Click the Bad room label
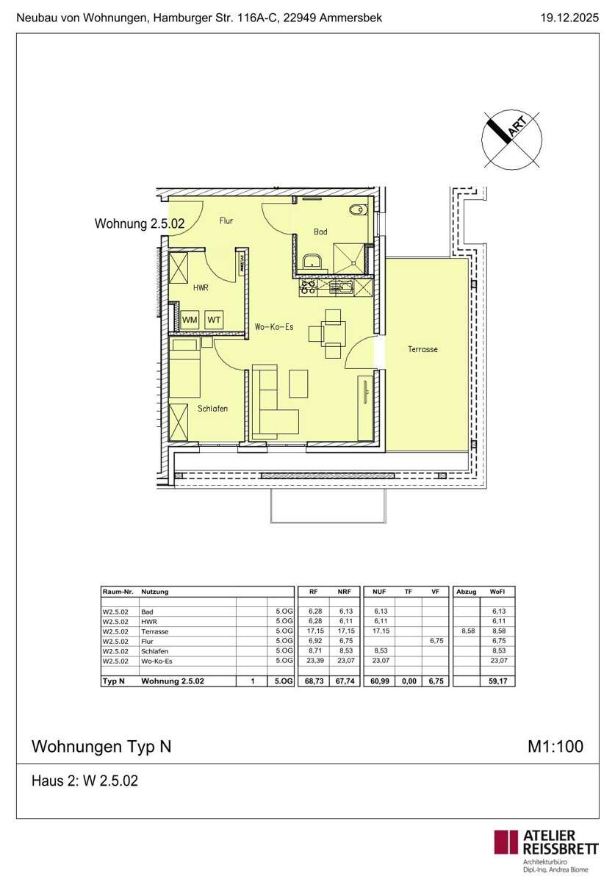tap(320, 232)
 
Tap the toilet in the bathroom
tap(358, 210)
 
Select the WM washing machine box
tap(190, 320)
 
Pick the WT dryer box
tap(214, 320)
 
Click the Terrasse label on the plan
tap(422, 349)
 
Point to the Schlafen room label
tap(212, 409)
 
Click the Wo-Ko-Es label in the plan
tap(274, 326)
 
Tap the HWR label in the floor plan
tap(201, 288)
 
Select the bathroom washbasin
tap(312, 261)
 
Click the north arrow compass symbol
tap(511, 140)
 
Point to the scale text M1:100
tap(555, 746)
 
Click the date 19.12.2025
tap(569, 18)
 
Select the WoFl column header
tap(497, 592)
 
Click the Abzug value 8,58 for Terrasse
tap(468, 631)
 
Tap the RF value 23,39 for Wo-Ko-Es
tap(315, 660)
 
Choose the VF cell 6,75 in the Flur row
tap(436, 641)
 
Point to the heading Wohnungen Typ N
tap(101, 747)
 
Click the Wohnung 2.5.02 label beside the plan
tap(140, 223)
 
